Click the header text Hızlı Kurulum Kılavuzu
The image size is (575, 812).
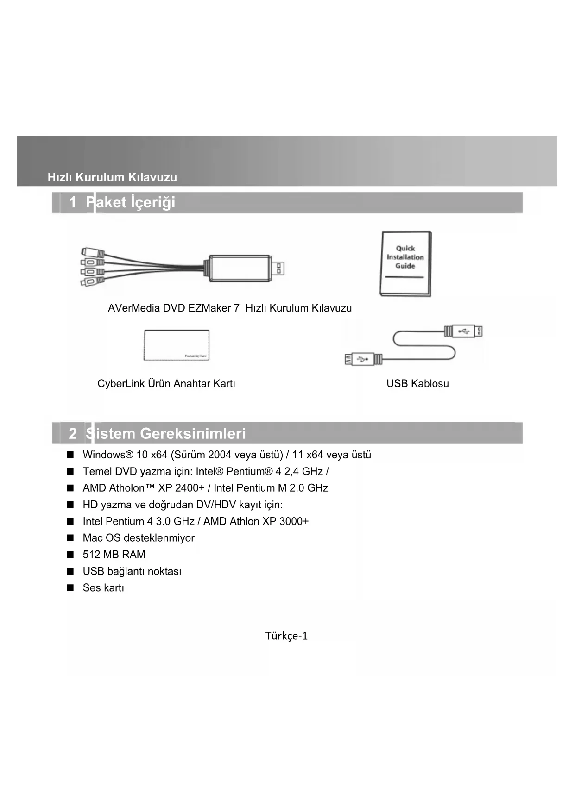[x=112, y=177]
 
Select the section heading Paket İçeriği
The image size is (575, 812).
[x=131, y=202]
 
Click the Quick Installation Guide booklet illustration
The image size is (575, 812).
[x=405, y=263]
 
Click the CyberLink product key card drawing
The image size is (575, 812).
[x=177, y=345]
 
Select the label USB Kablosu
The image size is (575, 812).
[x=417, y=384]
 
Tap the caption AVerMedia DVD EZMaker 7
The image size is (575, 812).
[x=173, y=308]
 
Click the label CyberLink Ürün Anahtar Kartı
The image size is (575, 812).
[x=166, y=384]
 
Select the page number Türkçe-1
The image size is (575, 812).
[x=286, y=636]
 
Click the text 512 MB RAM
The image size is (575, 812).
[x=114, y=555]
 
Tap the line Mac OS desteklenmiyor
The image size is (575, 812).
[x=139, y=538]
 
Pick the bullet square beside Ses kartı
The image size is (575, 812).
[x=70, y=588]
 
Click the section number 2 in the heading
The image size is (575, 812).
[x=73, y=434]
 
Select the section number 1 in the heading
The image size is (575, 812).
[x=73, y=202]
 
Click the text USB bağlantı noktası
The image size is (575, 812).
[x=132, y=571]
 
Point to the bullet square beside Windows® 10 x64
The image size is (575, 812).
[x=70, y=455]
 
